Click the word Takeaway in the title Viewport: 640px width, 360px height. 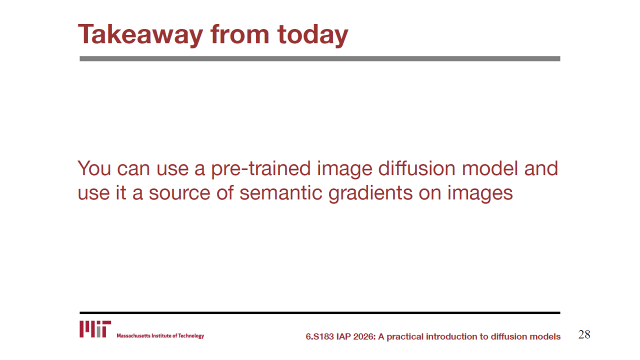140,35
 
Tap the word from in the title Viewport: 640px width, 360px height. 240,34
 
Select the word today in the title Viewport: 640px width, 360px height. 313,35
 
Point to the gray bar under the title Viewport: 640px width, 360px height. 319,58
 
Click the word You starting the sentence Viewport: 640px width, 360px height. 94,168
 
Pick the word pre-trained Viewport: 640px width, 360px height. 261,169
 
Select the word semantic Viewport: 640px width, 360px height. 280,193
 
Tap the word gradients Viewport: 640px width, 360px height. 370,194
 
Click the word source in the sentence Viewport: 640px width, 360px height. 179,193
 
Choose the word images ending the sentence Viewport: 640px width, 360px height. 480,194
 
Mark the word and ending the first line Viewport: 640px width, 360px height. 541,168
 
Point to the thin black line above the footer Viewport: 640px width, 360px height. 319,313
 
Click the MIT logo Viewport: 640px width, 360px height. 95,329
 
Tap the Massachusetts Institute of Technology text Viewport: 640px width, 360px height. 160,335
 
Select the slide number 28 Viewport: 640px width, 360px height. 584,334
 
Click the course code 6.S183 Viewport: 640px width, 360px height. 319,336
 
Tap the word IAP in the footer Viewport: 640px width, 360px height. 343,336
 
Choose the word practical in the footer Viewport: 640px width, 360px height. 404,337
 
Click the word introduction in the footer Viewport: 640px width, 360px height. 453,336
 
